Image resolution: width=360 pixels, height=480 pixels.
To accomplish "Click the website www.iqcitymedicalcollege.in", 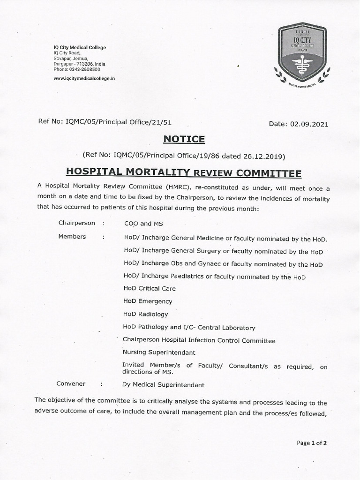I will click(84, 78).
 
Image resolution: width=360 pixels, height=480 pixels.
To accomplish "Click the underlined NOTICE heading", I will click(184, 139).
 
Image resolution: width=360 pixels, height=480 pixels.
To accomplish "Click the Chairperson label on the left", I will click(76, 223).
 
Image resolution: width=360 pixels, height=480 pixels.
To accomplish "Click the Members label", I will click(72, 237).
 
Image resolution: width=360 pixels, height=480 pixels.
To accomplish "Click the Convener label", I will click(71, 383).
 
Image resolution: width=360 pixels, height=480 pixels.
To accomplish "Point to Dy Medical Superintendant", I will click(163, 385).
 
